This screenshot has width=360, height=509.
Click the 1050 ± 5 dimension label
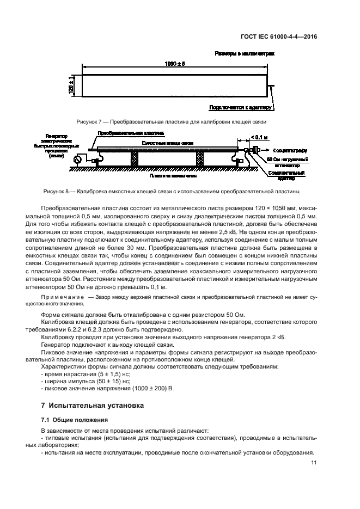click(175, 64)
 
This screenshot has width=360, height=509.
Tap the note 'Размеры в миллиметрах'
click(245, 54)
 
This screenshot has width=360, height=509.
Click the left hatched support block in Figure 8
click(133, 160)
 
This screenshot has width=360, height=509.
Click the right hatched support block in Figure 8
click(199, 160)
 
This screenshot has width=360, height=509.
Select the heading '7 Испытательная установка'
click(92, 406)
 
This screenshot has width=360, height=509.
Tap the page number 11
click(314, 462)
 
